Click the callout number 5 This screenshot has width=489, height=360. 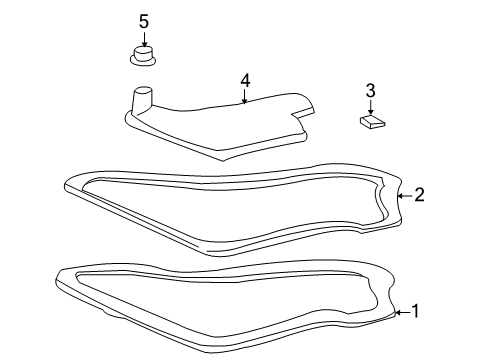143,21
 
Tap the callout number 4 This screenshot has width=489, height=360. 243,80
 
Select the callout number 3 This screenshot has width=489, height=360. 369,91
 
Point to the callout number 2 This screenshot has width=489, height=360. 419,195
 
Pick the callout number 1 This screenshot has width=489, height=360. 415,311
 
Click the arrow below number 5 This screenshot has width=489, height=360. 143,39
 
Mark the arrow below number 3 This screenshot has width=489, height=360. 369,108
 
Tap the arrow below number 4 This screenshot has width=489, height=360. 243,97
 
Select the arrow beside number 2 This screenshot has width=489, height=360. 402,196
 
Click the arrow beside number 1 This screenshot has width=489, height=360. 399,312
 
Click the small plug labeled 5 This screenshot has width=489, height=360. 144,54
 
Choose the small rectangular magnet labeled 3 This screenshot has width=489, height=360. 370,122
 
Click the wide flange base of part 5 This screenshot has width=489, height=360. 144,61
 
